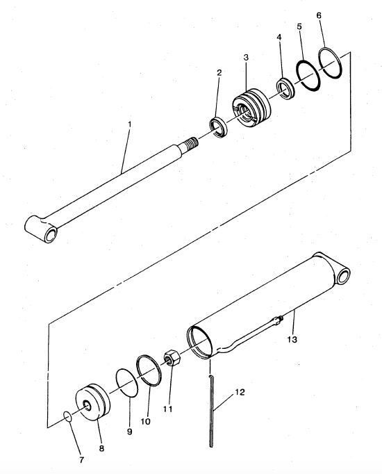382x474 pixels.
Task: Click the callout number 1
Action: point(130,124)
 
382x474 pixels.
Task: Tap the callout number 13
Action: point(292,339)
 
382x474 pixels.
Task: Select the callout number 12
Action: point(240,392)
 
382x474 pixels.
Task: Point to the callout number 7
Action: point(81,460)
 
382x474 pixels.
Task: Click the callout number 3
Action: point(246,57)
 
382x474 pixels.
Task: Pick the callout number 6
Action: point(319,15)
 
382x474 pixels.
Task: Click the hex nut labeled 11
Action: point(173,357)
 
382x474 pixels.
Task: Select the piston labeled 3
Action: point(251,108)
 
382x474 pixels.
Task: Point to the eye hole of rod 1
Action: point(51,234)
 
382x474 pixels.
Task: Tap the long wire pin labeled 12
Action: point(211,410)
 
